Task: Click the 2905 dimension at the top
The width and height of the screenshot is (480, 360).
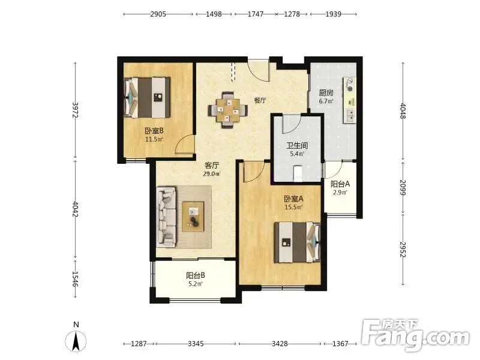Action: pyautogui.click(x=158, y=14)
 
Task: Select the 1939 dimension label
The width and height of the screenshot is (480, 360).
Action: pyautogui.click(x=334, y=14)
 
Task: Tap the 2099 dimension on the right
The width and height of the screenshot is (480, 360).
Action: pyautogui.click(x=403, y=187)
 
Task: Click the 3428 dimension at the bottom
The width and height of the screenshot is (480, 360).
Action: pyautogui.click(x=280, y=344)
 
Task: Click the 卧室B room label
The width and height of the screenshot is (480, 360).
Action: pyautogui.click(x=154, y=131)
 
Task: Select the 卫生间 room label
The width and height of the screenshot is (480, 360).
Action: pyautogui.click(x=297, y=145)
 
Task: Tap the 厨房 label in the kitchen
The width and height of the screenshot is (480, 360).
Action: pyautogui.click(x=326, y=92)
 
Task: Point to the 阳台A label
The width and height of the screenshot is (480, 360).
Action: pyautogui.click(x=340, y=184)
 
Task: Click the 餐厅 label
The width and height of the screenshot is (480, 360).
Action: pyautogui.click(x=260, y=100)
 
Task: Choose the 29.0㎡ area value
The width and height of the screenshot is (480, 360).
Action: pyautogui.click(x=212, y=174)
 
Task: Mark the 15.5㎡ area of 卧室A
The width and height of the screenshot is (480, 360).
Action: pyautogui.click(x=293, y=207)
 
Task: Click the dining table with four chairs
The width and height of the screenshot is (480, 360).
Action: pyautogui.click(x=228, y=110)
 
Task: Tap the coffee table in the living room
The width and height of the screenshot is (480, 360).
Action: pyautogui.click(x=193, y=217)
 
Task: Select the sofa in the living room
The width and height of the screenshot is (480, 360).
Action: pyautogui.click(x=167, y=217)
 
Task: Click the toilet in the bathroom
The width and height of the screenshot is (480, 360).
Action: pyautogui.click(x=298, y=173)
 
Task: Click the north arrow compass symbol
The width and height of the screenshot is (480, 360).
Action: pyautogui.click(x=76, y=341)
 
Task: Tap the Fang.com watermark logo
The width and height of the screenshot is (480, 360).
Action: pyautogui.click(x=415, y=335)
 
